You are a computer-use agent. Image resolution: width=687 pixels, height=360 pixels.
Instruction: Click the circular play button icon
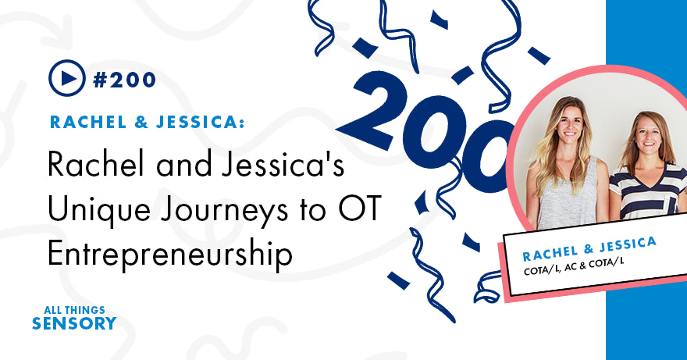[66, 79]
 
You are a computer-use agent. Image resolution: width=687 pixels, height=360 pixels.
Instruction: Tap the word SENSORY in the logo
[74, 323]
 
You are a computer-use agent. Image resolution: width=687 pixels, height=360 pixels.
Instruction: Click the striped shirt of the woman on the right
[640, 195]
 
